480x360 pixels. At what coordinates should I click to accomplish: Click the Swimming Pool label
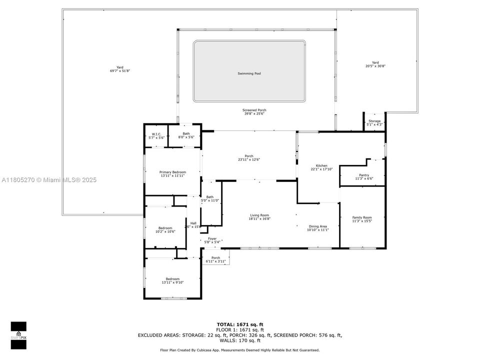pos(249,73)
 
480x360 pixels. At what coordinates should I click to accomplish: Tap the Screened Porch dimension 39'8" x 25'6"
pos(254,113)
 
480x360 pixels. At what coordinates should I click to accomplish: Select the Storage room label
pos(374,121)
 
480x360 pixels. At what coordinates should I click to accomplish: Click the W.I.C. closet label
pos(155,133)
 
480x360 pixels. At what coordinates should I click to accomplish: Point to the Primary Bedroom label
pos(172,172)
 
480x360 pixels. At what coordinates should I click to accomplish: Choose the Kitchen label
pos(321,165)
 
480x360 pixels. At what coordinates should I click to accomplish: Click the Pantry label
pos(363,175)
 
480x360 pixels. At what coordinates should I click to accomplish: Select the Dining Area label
pos(317,226)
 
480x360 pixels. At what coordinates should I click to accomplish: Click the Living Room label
pos(260,215)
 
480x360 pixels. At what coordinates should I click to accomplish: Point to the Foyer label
pos(212,239)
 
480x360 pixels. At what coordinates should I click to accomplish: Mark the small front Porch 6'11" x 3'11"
pos(215,259)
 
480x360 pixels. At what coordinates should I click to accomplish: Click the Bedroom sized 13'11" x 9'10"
pos(172,279)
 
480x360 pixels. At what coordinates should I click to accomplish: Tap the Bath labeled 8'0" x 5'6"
pos(186,133)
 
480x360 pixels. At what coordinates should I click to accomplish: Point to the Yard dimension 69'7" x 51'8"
pos(120,71)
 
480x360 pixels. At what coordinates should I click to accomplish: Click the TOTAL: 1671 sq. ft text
pos(239,324)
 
